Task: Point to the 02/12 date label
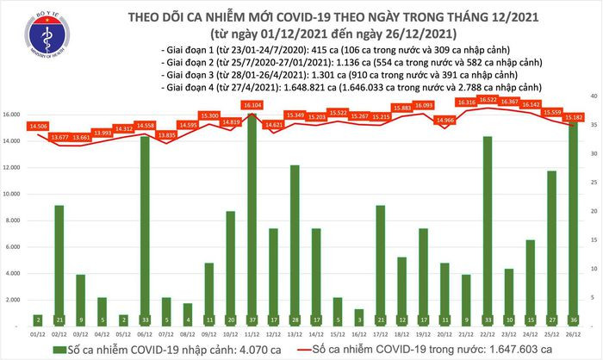[x=59, y=332]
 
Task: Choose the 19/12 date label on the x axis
[x=423, y=332]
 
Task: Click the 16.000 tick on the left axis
[x=12, y=115]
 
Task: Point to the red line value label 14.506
[x=37, y=126]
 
